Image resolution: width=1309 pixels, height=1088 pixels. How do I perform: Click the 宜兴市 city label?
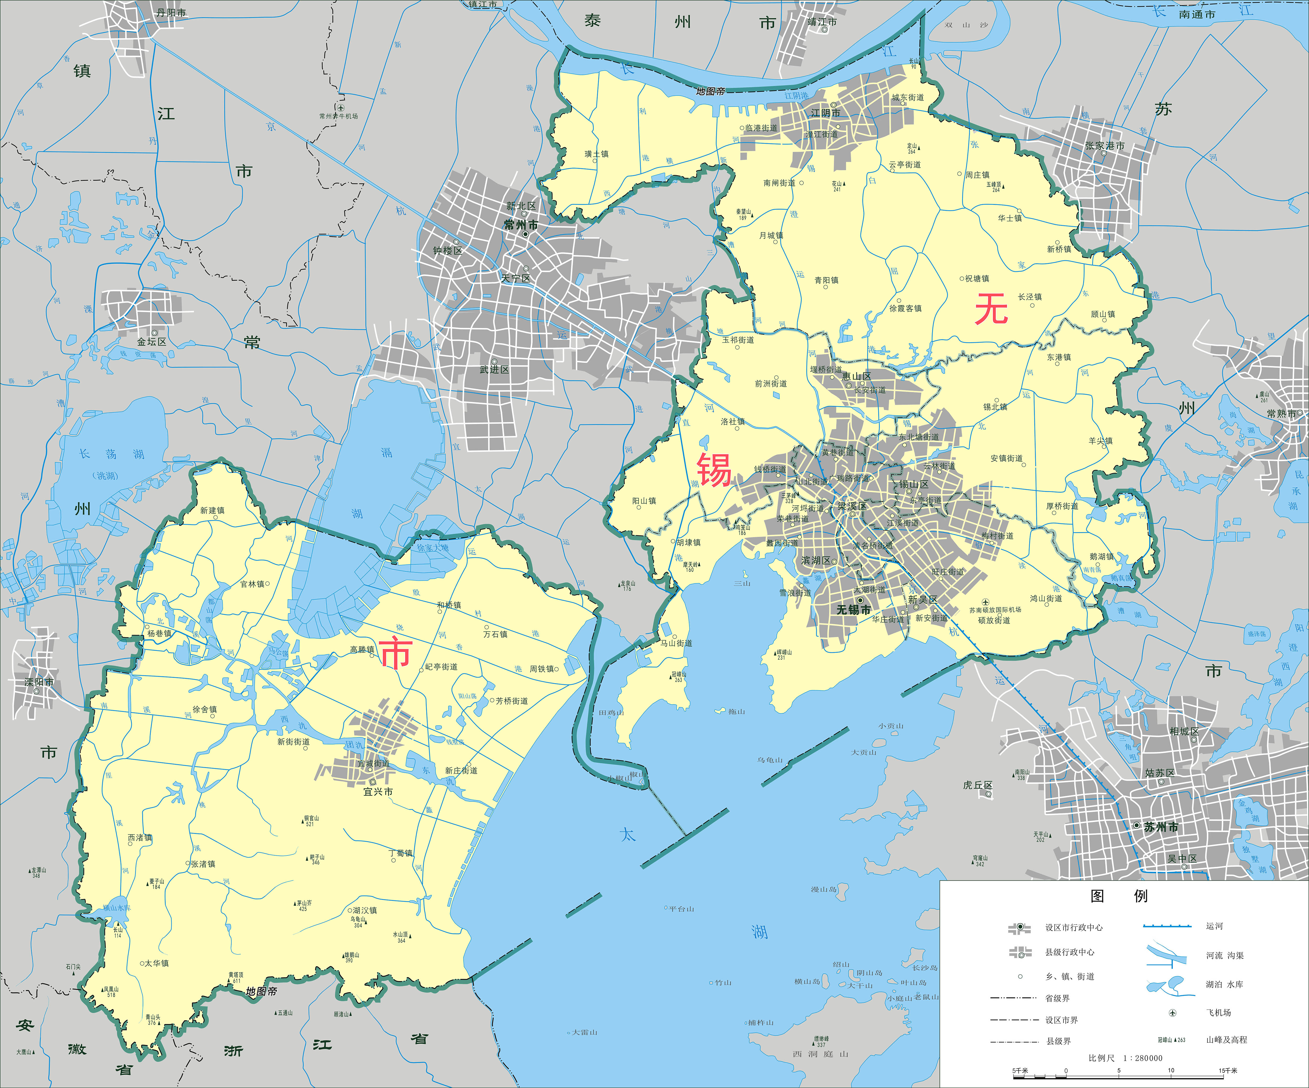(378, 792)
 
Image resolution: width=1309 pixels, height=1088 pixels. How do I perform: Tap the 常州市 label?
(521, 225)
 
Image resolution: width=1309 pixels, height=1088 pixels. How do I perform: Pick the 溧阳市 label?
(39, 682)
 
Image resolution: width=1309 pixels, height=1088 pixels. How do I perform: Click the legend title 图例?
(1119, 896)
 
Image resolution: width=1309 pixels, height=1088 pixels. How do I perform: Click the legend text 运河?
(1214, 926)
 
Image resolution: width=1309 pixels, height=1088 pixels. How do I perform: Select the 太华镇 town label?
(157, 963)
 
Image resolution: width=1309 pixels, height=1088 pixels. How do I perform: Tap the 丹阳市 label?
(171, 13)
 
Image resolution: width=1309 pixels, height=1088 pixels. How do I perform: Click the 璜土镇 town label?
(597, 154)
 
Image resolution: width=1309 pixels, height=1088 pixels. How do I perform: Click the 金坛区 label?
(152, 342)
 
